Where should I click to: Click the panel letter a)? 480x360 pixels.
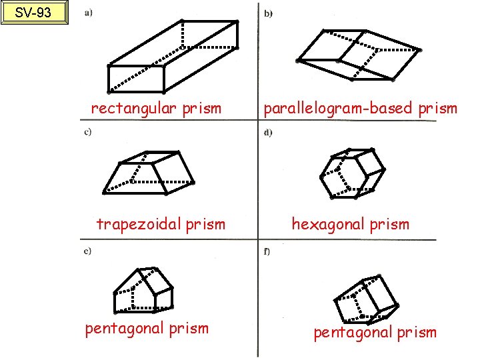coord(88,13)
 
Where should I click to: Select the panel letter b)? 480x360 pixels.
coord(269,13)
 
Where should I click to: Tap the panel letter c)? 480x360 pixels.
coord(88,131)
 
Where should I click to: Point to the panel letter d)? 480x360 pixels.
coord(268,132)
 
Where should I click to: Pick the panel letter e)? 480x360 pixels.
coord(88,251)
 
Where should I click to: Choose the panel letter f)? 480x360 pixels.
coord(267,251)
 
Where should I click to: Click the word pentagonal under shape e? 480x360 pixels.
coord(125,329)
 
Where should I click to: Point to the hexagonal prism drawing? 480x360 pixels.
coord(352,174)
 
